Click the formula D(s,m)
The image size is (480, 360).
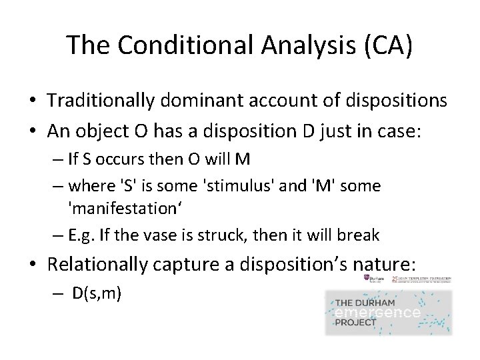click(x=97, y=293)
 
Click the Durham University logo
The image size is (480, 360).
click(x=373, y=278)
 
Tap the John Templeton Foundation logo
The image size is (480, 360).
click(x=427, y=278)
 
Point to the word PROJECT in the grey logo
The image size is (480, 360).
click(x=355, y=323)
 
